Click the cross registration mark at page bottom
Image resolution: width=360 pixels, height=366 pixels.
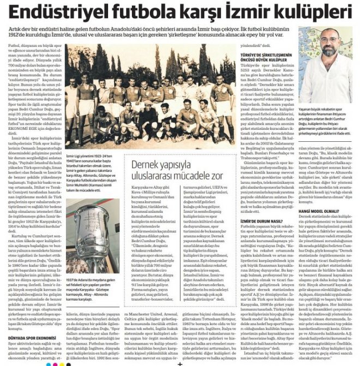pos(179,362)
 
